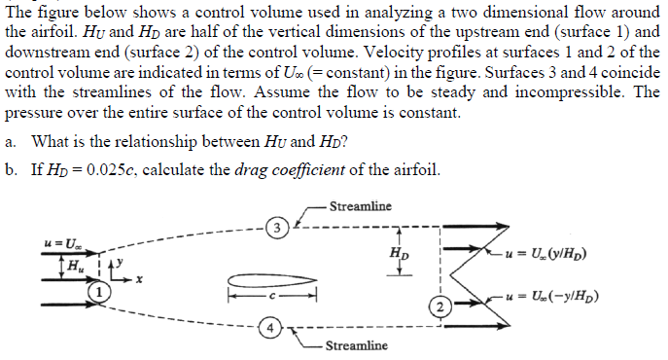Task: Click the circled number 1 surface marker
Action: (x=97, y=290)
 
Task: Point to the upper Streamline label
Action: (x=361, y=206)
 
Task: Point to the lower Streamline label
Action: (x=355, y=345)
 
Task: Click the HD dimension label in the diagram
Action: (x=399, y=255)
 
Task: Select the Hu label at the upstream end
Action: (x=73, y=264)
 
